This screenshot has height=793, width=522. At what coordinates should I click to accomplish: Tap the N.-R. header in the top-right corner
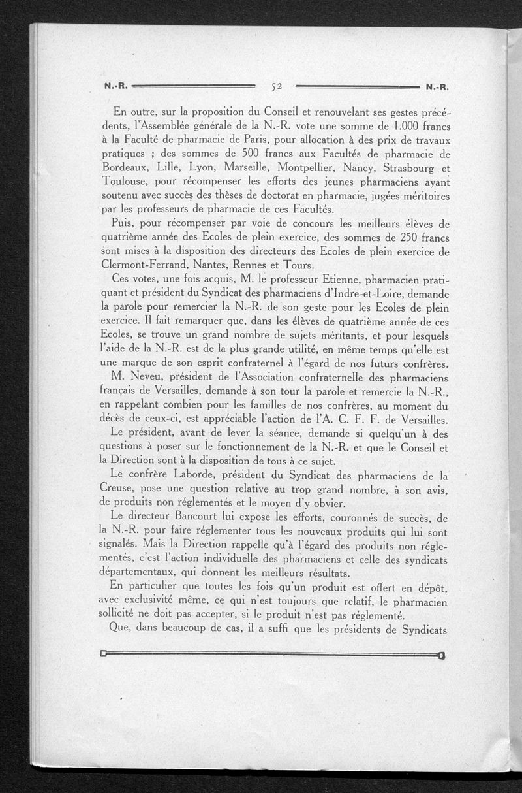coord(438,86)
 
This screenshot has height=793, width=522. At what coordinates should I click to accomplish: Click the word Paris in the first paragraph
coord(268,140)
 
